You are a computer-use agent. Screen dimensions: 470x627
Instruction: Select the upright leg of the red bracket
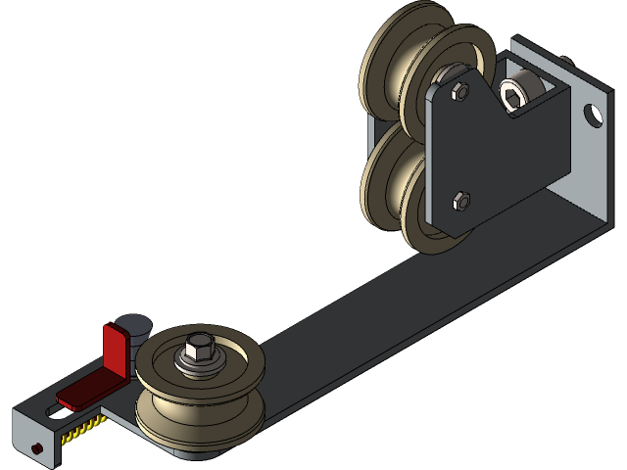pyautogui.click(x=116, y=348)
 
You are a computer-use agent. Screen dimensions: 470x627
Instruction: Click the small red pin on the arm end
pyautogui.click(x=36, y=448)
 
